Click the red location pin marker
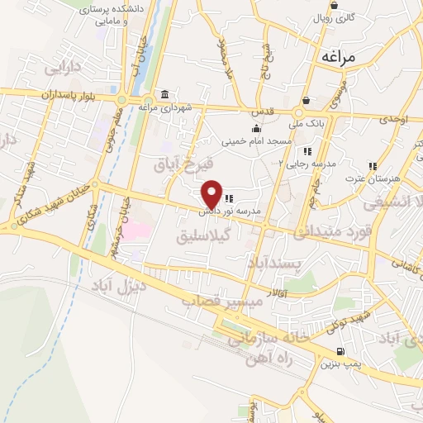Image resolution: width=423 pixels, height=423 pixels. click(x=211, y=194)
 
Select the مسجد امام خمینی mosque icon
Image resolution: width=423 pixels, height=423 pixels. click(x=256, y=128)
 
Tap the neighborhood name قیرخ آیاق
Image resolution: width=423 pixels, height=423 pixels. click(x=184, y=162)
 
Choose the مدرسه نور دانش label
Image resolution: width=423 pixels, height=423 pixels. click(x=234, y=211)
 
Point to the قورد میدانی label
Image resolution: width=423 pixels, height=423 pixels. click(x=329, y=229)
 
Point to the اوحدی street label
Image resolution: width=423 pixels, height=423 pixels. click(x=396, y=120)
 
